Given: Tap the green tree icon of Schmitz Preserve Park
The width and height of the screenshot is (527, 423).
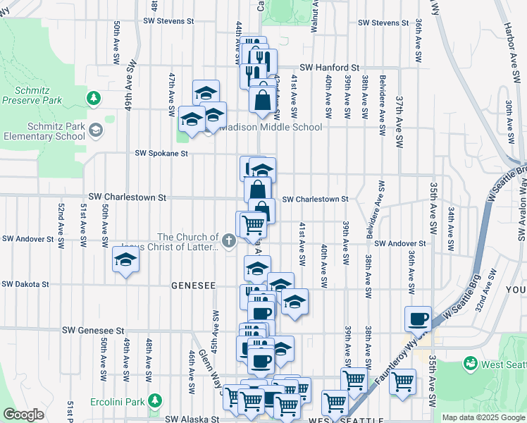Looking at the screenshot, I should click(92, 97).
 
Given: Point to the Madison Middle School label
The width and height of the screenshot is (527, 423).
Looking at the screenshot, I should click(271, 128).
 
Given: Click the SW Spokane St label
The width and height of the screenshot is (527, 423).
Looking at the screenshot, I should click(162, 153).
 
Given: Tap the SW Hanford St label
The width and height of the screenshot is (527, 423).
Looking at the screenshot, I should click(330, 68).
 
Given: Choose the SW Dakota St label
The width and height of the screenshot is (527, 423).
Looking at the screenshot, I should click(25, 285).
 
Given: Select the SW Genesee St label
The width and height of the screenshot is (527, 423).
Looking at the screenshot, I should click(93, 330).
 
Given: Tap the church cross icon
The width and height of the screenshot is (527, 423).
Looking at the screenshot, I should click(228, 242).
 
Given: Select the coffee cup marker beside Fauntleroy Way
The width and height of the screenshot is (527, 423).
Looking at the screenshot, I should click(418, 318).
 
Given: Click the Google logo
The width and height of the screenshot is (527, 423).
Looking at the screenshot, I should click(23, 415).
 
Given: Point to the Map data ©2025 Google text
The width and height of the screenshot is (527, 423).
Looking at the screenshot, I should click(484, 417).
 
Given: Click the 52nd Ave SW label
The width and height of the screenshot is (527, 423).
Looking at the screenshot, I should click(61, 224).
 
